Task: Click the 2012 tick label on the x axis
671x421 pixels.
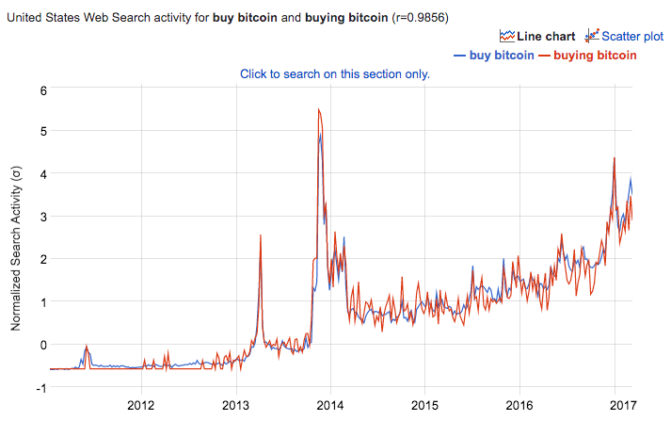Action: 140,405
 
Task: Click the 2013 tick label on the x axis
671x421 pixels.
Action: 235,405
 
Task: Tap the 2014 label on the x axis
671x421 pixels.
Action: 329,405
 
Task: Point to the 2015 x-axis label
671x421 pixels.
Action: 424,405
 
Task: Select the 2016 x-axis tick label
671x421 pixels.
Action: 519,405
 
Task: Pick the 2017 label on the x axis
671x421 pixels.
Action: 614,405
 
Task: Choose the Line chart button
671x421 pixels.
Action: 537,37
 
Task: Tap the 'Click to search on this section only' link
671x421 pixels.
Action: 334,73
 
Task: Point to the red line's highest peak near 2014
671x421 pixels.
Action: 320,110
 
